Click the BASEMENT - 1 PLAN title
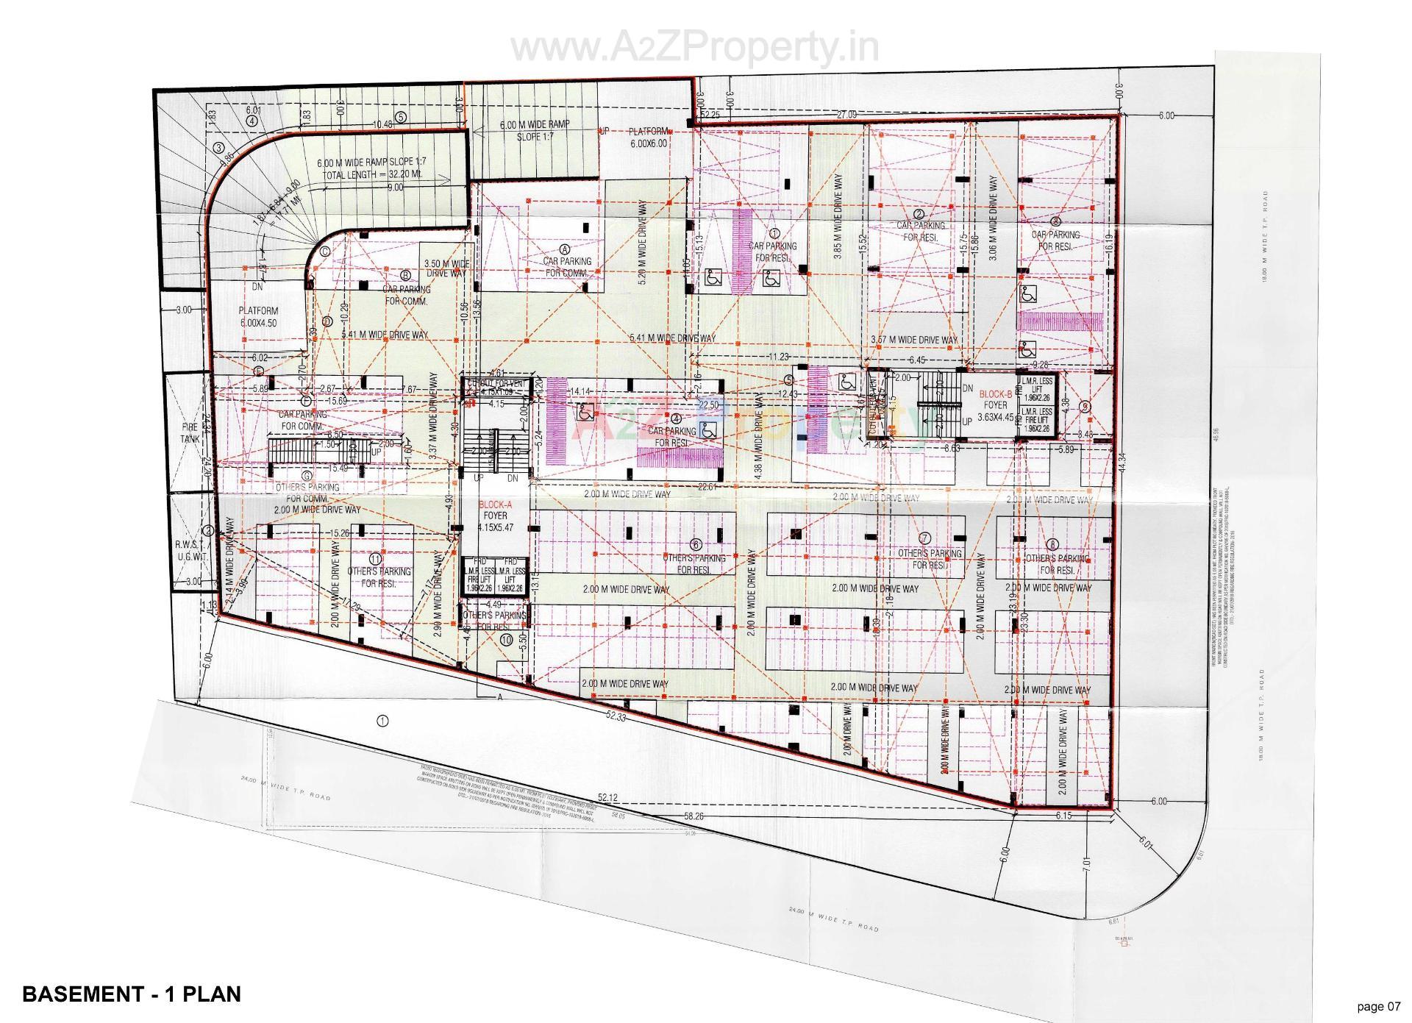tap(132, 994)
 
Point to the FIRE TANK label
tap(190, 432)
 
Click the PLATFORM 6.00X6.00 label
tap(648, 138)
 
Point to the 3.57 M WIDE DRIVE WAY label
tap(914, 340)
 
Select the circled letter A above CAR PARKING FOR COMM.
tap(565, 249)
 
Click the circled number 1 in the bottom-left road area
tap(382, 721)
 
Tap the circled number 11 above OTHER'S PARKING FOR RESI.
tap(376, 557)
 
